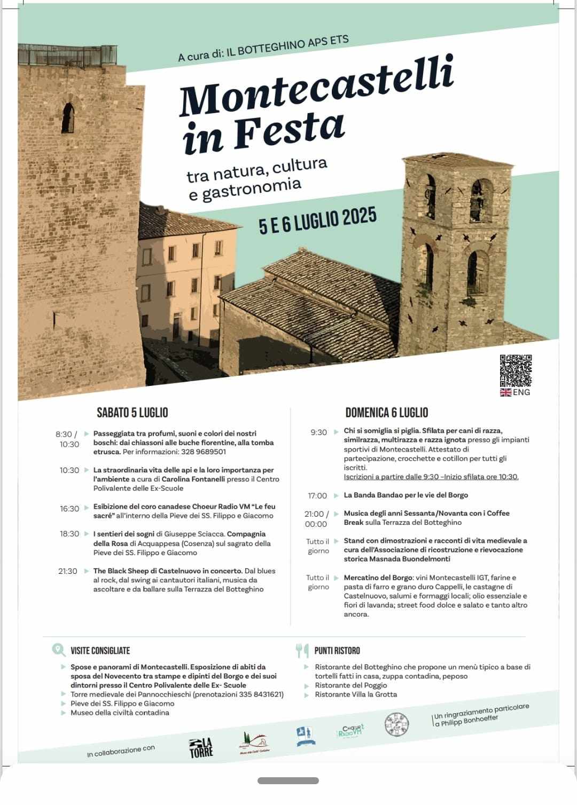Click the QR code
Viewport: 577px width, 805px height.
(x=516, y=370)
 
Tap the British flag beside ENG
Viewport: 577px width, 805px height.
(x=505, y=392)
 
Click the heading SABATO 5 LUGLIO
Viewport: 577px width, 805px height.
(x=132, y=413)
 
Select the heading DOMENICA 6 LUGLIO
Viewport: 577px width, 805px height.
(x=386, y=413)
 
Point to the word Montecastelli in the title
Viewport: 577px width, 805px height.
(x=316, y=86)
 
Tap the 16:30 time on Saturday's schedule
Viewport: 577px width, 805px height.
(x=69, y=509)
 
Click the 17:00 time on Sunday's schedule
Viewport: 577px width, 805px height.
(x=317, y=495)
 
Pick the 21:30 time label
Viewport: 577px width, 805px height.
(x=68, y=571)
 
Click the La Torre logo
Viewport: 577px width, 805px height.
(x=201, y=747)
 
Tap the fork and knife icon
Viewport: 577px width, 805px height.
(x=302, y=650)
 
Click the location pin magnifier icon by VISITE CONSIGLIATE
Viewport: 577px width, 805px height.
(x=58, y=650)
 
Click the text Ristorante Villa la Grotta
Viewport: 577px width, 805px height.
(x=356, y=694)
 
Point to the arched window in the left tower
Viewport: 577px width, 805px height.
(x=68, y=117)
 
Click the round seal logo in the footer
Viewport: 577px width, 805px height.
(x=396, y=724)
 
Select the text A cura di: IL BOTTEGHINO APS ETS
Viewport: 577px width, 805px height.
(x=263, y=49)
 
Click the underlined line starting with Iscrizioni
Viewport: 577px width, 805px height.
(x=431, y=477)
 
